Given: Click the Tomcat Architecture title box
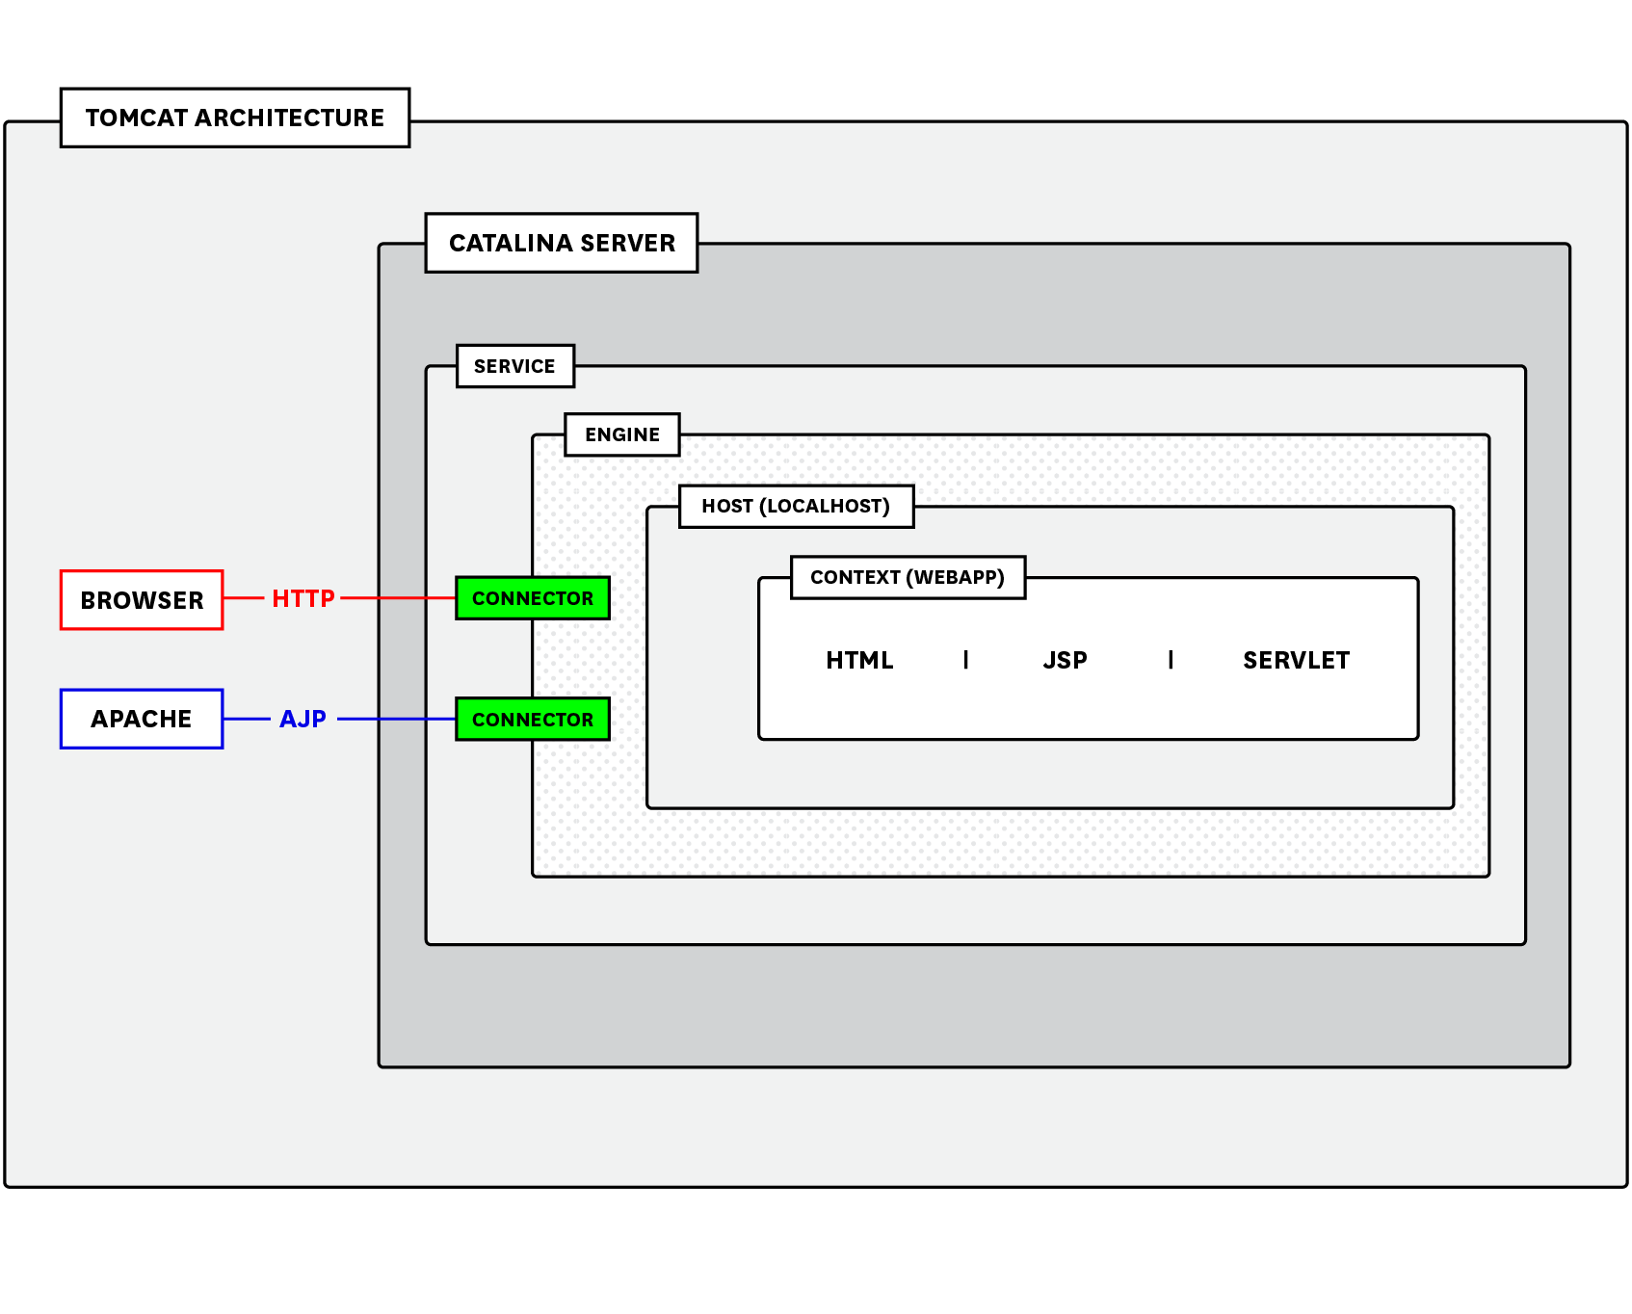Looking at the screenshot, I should click(234, 118).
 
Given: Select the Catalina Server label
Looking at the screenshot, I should click(561, 243).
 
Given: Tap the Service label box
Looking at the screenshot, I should click(514, 366).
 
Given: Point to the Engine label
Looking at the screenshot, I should click(621, 434).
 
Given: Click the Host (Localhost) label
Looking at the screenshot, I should click(796, 507).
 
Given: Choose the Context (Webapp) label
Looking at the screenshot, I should click(907, 577).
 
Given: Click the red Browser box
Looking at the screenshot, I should click(142, 600).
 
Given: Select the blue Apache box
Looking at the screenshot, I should click(142, 719).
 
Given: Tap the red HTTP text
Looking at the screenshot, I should click(303, 598).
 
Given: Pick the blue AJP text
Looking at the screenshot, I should click(303, 719).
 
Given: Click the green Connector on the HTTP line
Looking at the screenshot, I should click(533, 598).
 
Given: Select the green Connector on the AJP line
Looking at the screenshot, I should click(533, 720).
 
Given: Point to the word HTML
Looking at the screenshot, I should click(859, 660).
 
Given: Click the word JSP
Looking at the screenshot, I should click(1065, 660).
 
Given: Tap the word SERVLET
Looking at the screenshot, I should click(1296, 660).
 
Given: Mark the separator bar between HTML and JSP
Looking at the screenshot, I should click(965, 660).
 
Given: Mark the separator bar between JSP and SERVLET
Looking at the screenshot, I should click(1171, 660).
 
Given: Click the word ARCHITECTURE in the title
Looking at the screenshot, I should click(289, 118).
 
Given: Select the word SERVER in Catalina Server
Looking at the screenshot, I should click(627, 243).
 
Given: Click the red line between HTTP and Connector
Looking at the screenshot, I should click(397, 598).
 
